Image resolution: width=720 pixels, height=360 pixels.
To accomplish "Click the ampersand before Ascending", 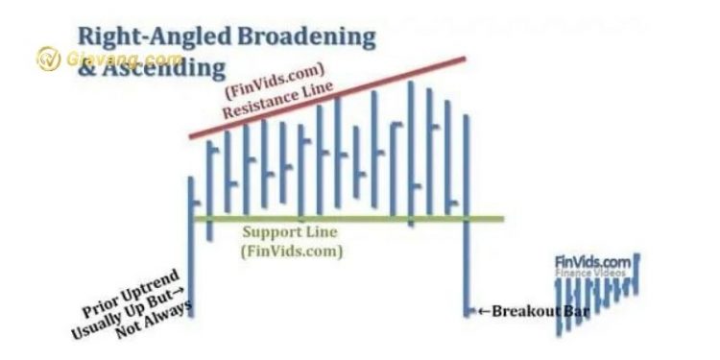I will coord(87,68).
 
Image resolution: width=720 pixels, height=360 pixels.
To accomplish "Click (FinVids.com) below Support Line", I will coord(292,252).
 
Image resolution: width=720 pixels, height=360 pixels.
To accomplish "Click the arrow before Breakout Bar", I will coord(484,311).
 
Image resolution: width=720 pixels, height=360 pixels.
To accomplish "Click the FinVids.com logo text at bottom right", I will coord(592,260).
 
